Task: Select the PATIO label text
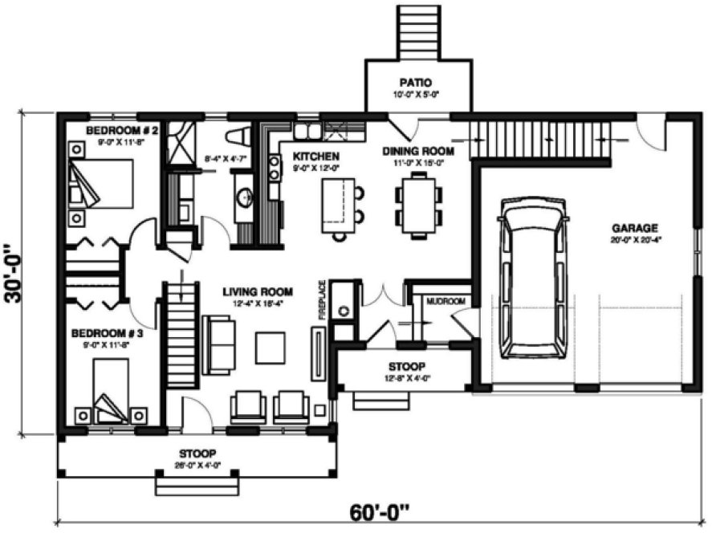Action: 417,82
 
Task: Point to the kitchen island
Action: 338,205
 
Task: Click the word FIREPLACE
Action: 322,300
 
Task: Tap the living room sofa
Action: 218,345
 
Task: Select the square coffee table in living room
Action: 271,347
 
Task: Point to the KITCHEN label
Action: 315,156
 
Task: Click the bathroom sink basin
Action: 244,196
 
